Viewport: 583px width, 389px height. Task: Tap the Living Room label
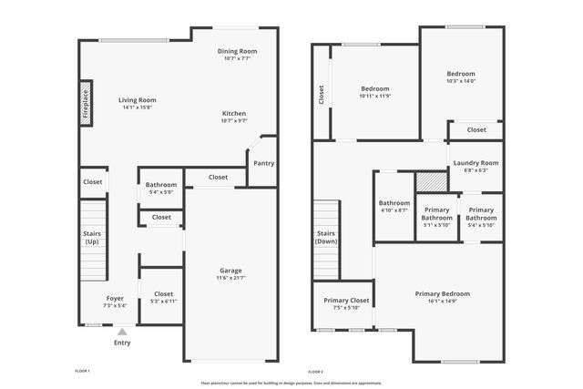click(x=138, y=100)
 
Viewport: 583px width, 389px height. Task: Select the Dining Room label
click(x=236, y=51)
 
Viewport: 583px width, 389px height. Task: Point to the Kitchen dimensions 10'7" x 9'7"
click(x=234, y=120)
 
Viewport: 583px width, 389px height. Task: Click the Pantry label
click(x=263, y=164)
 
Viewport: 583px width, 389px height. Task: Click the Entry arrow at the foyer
click(x=122, y=332)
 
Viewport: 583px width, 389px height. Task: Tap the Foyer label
click(x=115, y=298)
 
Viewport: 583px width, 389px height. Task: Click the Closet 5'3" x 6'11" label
click(x=163, y=294)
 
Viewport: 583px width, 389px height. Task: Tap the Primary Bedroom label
click(x=442, y=293)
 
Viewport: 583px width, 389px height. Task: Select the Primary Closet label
click(x=346, y=300)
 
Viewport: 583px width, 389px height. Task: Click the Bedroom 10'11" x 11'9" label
click(x=374, y=88)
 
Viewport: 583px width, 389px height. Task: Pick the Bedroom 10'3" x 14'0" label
click(x=460, y=74)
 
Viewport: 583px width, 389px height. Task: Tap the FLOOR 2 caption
click(x=316, y=372)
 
